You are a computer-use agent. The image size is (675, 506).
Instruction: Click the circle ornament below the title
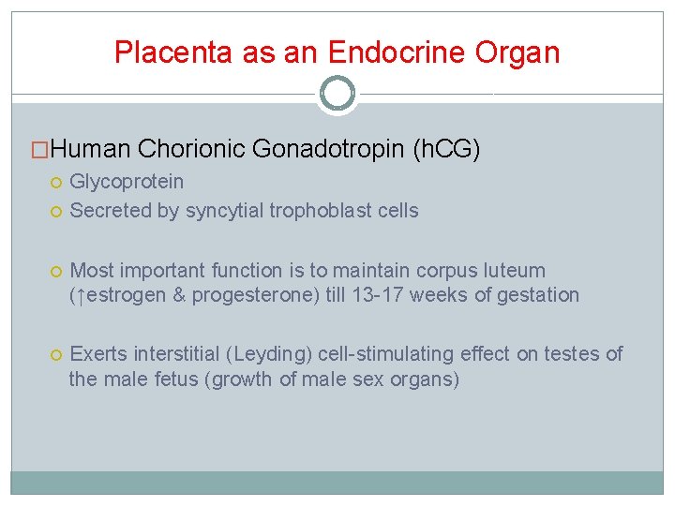click(337, 94)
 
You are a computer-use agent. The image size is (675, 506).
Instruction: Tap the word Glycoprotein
click(127, 181)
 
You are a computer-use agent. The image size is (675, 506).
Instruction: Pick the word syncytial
click(225, 210)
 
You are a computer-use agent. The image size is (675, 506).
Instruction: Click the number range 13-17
click(412, 295)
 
